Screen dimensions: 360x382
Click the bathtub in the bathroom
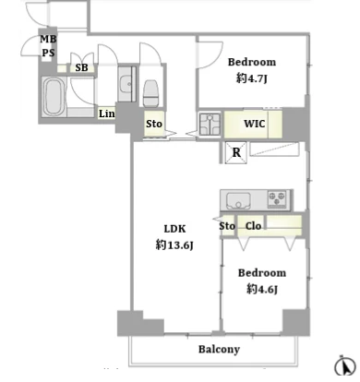click(x=53, y=96)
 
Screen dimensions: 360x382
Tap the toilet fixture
click(x=150, y=93)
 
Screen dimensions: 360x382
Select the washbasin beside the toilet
click(x=126, y=84)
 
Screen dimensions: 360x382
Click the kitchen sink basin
click(x=238, y=200)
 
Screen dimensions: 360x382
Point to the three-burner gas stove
click(x=277, y=199)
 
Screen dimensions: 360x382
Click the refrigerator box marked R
click(x=236, y=152)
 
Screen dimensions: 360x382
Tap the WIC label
click(x=255, y=124)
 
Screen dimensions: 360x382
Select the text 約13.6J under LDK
click(x=174, y=245)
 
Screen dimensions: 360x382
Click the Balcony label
click(x=219, y=349)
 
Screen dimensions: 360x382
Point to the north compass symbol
click(x=345, y=366)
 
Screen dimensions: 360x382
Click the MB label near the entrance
click(x=48, y=39)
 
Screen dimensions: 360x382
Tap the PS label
click(x=48, y=53)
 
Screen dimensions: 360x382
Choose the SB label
click(x=81, y=67)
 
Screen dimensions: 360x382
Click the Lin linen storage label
click(x=107, y=113)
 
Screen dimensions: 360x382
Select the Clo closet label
click(x=253, y=226)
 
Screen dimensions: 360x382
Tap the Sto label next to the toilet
click(x=154, y=124)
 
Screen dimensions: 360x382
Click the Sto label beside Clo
click(x=227, y=226)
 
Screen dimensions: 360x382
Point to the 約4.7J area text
click(x=252, y=78)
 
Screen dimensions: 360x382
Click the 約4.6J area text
click(x=262, y=289)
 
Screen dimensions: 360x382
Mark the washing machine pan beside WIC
click(x=210, y=124)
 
